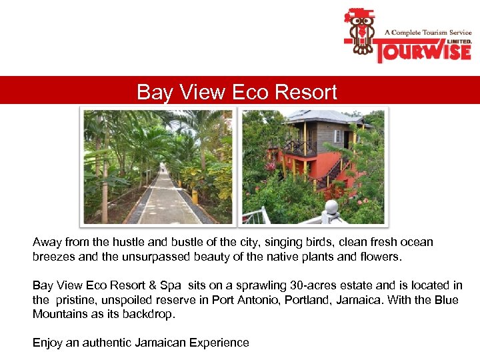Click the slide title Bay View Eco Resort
pyautogui.click(x=237, y=92)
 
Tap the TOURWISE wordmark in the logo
pyautogui.click(x=421, y=51)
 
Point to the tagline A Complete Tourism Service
pyautogui.click(x=427, y=32)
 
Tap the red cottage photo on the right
pyautogui.click(x=313, y=167)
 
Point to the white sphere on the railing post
pyautogui.click(x=331, y=207)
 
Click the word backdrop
pyautogui.click(x=147, y=314)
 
